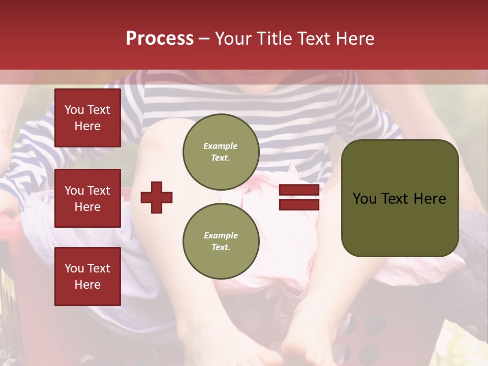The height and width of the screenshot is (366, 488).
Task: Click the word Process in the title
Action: (x=160, y=39)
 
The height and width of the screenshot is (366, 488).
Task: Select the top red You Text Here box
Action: (x=87, y=118)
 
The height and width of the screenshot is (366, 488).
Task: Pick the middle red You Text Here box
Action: (x=87, y=198)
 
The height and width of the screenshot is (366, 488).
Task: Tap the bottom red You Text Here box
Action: (x=87, y=277)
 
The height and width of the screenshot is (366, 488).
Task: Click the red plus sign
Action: (x=157, y=197)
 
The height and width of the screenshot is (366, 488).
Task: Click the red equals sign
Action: (x=299, y=197)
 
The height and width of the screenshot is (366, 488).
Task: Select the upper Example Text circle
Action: (x=221, y=152)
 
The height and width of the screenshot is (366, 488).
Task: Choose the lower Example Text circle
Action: (x=221, y=241)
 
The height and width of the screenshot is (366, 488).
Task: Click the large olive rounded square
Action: (x=400, y=198)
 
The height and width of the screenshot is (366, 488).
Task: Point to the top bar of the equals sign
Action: (x=299, y=190)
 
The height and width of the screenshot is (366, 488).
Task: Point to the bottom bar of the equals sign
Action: (x=299, y=204)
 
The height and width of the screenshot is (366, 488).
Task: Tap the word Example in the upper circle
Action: (x=221, y=146)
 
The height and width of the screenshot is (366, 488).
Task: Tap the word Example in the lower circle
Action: (x=221, y=235)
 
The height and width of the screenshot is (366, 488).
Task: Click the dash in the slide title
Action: (x=204, y=39)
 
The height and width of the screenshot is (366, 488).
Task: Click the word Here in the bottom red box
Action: (x=87, y=285)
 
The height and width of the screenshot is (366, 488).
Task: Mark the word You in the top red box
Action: (x=74, y=110)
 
